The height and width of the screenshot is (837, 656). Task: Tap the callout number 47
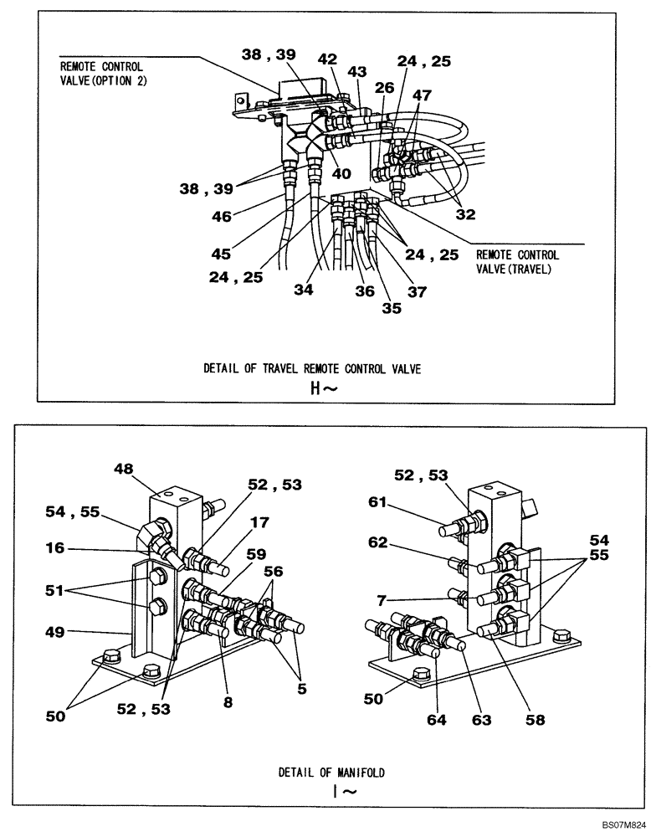click(422, 95)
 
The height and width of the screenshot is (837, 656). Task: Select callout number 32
click(465, 213)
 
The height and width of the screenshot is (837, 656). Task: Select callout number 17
click(259, 522)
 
